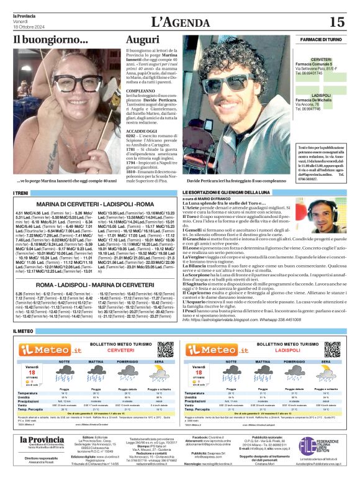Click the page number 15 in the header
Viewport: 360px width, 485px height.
tap(336, 22)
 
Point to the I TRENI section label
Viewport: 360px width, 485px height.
tap(20, 194)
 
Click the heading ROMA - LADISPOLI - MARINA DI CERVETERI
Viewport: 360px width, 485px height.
tap(86, 284)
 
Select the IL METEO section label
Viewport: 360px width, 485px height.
tap(24, 332)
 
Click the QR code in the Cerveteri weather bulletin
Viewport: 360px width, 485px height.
tap(165, 348)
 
